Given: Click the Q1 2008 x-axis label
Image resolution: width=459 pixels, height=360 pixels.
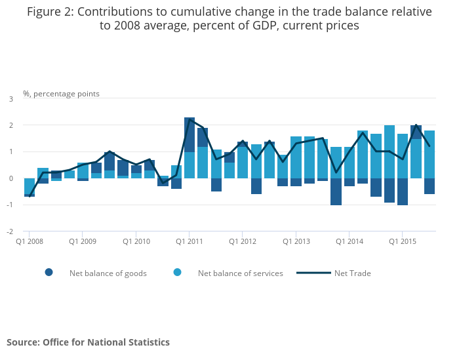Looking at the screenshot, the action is (x=30, y=241).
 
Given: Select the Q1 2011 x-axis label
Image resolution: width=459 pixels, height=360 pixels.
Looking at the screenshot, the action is (x=189, y=241).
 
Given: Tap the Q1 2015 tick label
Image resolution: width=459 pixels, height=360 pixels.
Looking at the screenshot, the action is (x=402, y=241).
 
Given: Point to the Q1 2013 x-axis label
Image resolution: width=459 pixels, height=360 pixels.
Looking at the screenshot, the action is (x=296, y=241).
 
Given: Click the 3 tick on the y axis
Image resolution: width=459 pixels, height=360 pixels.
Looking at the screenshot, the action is (x=11, y=99).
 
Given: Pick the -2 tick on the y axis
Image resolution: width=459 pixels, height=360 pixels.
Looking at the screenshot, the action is (x=10, y=231).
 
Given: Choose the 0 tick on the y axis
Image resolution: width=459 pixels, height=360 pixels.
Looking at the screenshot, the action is (x=11, y=178).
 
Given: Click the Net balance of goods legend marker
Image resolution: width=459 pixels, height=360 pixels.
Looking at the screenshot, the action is (x=49, y=273).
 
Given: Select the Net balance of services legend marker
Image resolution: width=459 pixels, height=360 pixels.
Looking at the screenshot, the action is (x=178, y=273).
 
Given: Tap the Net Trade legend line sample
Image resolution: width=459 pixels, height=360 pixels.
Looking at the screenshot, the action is (x=313, y=273).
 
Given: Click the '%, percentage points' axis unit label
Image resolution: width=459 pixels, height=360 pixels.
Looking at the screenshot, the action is (x=61, y=94).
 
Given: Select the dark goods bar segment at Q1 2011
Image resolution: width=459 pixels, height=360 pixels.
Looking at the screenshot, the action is (x=190, y=134).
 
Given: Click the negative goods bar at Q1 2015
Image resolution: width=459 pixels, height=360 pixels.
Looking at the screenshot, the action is (x=403, y=191).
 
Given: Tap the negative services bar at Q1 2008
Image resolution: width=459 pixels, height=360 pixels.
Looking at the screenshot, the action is (x=30, y=186).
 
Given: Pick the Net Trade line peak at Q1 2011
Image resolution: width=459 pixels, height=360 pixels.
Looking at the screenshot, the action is (x=190, y=119).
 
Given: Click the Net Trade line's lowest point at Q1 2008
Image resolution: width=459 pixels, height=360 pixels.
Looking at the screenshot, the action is (x=30, y=196).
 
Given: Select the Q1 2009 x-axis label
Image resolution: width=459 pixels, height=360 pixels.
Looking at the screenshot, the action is (x=83, y=241).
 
